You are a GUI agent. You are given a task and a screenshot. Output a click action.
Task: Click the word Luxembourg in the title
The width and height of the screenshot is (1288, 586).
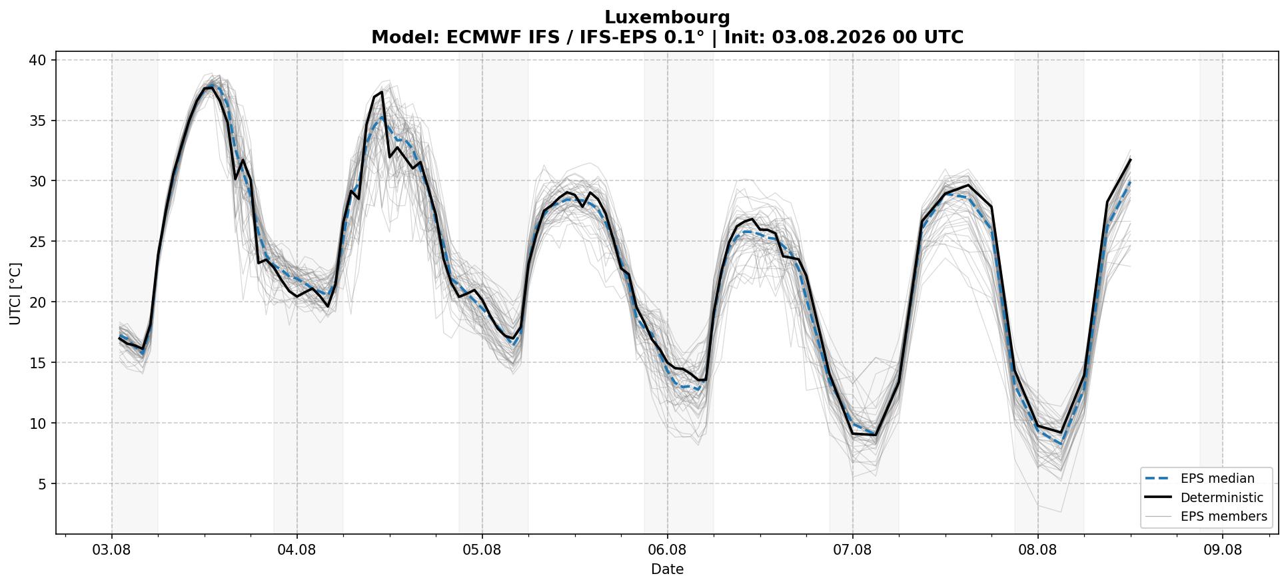667,17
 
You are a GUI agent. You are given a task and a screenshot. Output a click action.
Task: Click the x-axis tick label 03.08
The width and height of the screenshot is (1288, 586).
111,551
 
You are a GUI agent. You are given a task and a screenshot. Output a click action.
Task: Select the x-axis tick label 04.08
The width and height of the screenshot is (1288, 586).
297,551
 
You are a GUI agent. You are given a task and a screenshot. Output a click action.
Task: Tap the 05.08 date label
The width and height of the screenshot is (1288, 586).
482,551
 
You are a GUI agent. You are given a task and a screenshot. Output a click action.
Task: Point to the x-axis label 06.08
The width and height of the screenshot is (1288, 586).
667,551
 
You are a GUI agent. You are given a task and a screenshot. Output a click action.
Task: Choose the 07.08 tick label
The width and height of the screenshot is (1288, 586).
852,551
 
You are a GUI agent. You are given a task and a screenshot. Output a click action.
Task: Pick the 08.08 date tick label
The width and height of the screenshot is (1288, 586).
1037,551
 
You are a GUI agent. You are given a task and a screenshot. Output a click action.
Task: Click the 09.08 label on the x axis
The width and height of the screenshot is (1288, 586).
1223,551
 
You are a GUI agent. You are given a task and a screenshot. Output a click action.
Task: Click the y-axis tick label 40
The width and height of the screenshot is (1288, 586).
39,60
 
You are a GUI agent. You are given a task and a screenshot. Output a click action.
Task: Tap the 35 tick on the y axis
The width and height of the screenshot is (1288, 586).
39,121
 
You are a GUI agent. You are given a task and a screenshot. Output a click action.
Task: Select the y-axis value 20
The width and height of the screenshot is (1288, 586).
39,302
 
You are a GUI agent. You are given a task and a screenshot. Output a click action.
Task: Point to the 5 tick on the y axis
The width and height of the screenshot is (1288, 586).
43,484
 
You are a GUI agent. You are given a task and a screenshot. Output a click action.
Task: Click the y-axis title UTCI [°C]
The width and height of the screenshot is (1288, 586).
15,293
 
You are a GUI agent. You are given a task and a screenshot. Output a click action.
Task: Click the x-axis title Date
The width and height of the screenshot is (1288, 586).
667,569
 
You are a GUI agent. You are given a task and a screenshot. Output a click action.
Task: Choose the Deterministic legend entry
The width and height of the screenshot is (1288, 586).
1204,497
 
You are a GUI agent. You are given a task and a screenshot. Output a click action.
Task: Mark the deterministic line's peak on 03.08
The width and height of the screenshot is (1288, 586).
211,87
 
